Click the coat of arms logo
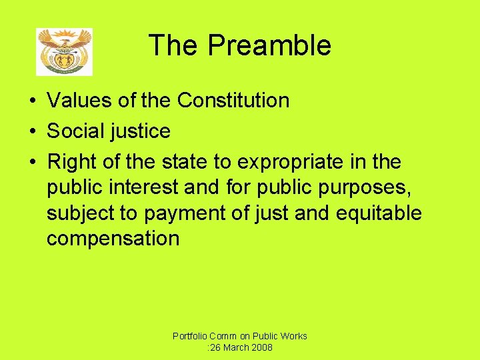point(64,51)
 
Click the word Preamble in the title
point(269,45)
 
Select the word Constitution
point(233,101)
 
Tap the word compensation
point(113,239)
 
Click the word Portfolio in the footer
point(189,336)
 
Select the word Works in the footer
point(293,336)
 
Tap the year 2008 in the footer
point(261,348)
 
